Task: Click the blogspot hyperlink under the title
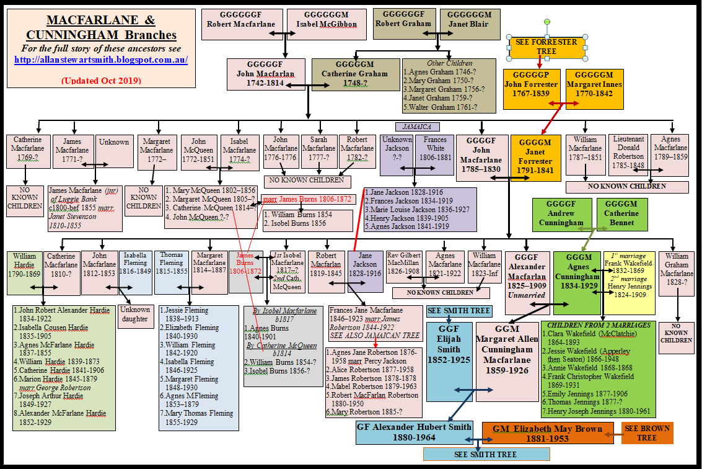(x=100, y=60)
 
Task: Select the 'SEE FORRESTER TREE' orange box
(x=546, y=47)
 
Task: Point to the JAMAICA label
(x=416, y=126)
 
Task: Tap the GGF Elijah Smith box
(x=449, y=352)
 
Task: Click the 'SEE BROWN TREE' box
(x=647, y=433)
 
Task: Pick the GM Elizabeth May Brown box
(x=547, y=433)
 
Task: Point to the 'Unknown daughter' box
(x=135, y=315)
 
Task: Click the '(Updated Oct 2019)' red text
(x=100, y=81)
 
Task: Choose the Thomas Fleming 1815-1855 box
(x=172, y=272)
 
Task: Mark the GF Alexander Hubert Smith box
(x=414, y=432)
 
